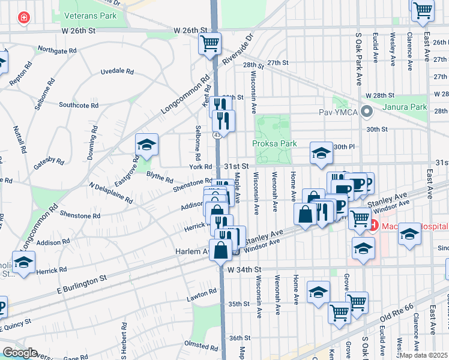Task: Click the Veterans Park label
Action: click(x=92, y=16)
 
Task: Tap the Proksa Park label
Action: click(x=274, y=144)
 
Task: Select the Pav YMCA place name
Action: click(x=339, y=112)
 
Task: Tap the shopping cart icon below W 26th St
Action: click(x=210, y=43)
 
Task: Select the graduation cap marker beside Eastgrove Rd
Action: click(x=146, y=145)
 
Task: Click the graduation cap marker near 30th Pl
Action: click(x=321, y=153)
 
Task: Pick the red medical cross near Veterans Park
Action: click(x=23, y=19)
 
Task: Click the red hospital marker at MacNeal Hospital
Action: click(x=372, y=226)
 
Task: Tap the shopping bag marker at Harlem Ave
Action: click(x=220, y=250)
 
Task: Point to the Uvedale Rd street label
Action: click(x=117, y=71)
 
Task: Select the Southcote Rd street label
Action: click(x=78, y=105)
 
